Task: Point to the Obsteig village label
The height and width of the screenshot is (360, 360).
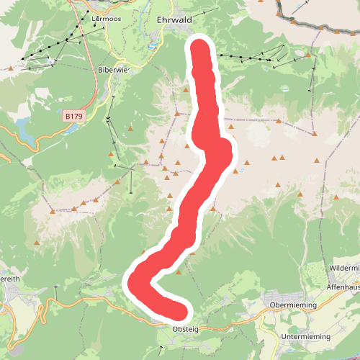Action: click(185, 329)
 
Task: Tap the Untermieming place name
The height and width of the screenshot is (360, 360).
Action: click(305, 336)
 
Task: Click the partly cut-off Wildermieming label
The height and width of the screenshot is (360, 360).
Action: click(344, 267)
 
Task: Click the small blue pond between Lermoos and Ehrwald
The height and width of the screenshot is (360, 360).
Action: click(152, 46)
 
